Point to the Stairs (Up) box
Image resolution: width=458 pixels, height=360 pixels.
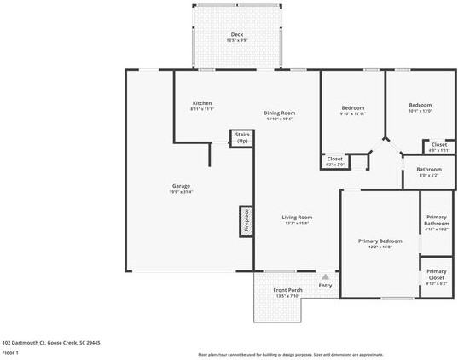pos(241,137)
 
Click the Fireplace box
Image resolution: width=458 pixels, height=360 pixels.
pos(246,221)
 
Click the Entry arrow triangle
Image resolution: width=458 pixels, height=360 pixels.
pos(325,276)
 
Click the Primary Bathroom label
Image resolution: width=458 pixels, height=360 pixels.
pos(437,225)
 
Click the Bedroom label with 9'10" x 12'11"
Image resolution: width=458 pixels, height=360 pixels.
pos(353,110)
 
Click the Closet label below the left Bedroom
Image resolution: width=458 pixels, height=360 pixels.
pos(335,160)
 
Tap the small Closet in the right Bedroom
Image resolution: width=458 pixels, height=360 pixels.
pos(438,147)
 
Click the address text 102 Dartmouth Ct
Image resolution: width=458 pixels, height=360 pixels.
pos(51,342)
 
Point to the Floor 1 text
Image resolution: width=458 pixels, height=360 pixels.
pos(11,351)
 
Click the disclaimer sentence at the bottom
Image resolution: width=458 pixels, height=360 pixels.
pos(290,354)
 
